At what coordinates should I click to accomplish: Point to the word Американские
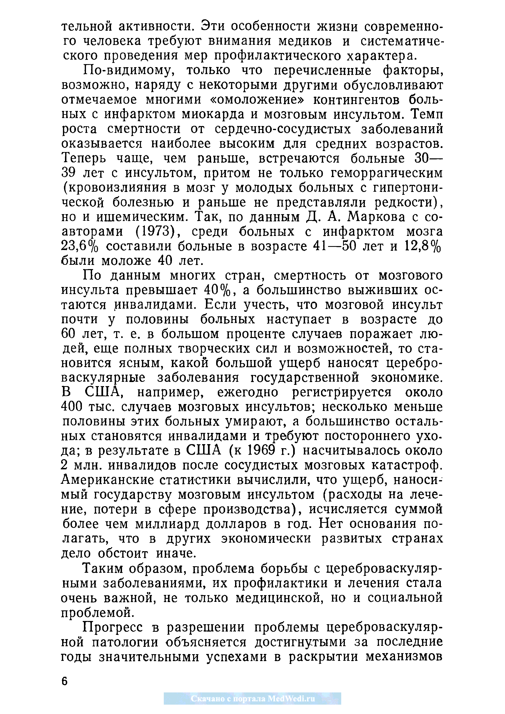[107, 480]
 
